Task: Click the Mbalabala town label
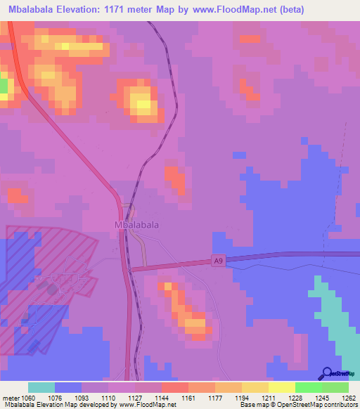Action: (x=136, y=225)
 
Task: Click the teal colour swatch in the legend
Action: (x=41, y=387)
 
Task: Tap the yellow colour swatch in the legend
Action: (x=281, y=387)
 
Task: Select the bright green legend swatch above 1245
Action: (x=308, y=387)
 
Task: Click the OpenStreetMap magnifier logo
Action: (x=327, y=373)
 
